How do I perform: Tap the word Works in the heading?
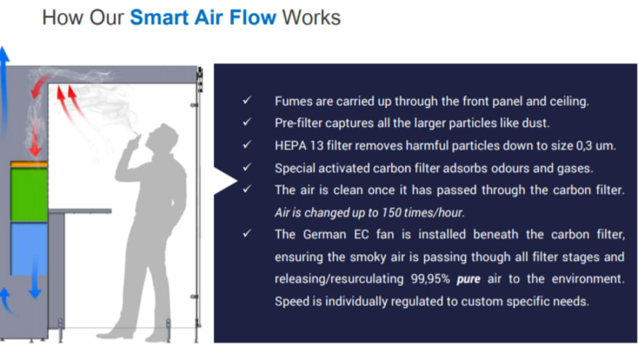(311, 18)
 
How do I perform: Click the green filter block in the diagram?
(29, 195)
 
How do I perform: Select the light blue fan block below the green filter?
(29, 248)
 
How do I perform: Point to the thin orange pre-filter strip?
(29, 164)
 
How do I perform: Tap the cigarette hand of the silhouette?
(134, 143)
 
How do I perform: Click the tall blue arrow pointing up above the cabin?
(4, 89)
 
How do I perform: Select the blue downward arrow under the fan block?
(35, 281)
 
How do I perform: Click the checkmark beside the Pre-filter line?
(247, 122)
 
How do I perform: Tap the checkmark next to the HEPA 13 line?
(247, 145)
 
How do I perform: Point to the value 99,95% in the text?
(430, 279)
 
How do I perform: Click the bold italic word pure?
(468, 280)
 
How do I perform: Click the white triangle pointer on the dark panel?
(225, 181)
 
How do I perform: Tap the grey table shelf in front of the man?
(80, 211)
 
